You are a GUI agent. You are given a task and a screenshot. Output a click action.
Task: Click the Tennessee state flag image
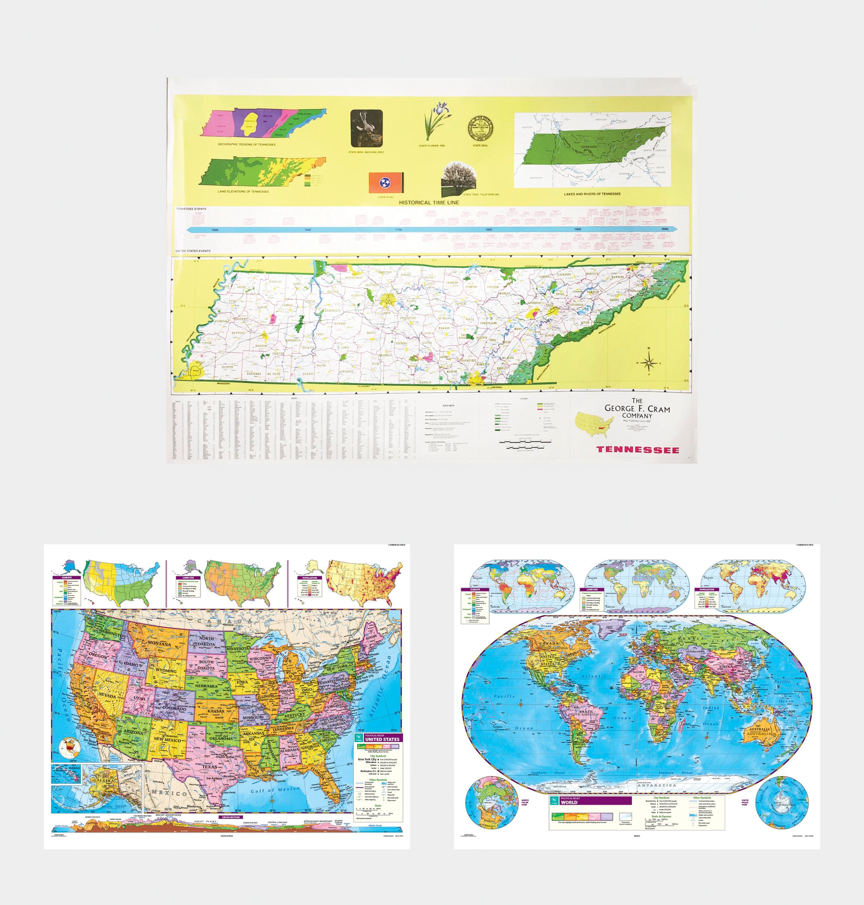tap(386, 183)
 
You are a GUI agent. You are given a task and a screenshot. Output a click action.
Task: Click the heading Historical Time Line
tap(429, 202)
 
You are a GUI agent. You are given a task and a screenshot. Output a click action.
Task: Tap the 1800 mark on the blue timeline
tap(488, 229)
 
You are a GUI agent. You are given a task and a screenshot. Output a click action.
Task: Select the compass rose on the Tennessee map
tap(649, 363)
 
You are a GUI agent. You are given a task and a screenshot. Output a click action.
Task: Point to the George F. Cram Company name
tap(637, 408)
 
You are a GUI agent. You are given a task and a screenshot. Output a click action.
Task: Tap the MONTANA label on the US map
tap(159, 643)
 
